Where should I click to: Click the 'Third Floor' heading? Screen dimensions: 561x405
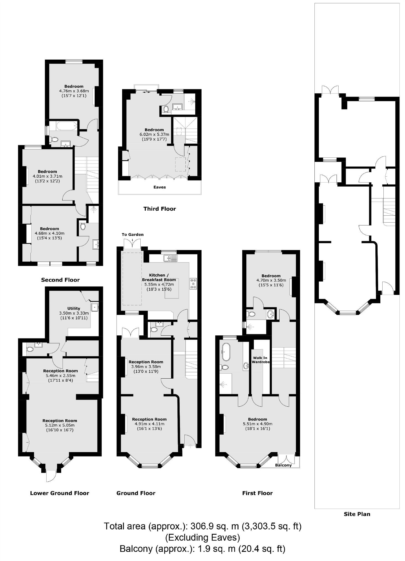(159, 209)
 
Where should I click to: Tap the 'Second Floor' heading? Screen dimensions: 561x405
(60, 280)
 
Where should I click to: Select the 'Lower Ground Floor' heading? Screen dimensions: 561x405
(60, 493)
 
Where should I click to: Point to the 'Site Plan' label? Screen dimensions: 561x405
(357, 514)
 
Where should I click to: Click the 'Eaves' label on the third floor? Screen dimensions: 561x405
(160, 187)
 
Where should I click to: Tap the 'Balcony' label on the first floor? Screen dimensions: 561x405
(283, 465)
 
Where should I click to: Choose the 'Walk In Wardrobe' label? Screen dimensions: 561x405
(260, 360)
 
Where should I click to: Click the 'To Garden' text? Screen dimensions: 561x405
(133, 234)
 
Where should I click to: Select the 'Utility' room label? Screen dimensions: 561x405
(74, 308)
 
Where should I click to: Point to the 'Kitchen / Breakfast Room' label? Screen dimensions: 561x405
(159, 277)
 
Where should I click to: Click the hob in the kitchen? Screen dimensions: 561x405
(193, 284)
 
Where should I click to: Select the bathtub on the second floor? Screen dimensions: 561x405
(66, 127)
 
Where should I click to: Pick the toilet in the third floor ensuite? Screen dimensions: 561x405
(166, 109)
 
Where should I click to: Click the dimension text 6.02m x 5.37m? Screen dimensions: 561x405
(154, 134)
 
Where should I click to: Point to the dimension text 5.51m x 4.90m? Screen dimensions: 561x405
(257, 424)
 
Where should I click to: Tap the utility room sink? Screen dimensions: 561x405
(95, 307)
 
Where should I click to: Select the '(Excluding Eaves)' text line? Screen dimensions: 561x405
(202, 537)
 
